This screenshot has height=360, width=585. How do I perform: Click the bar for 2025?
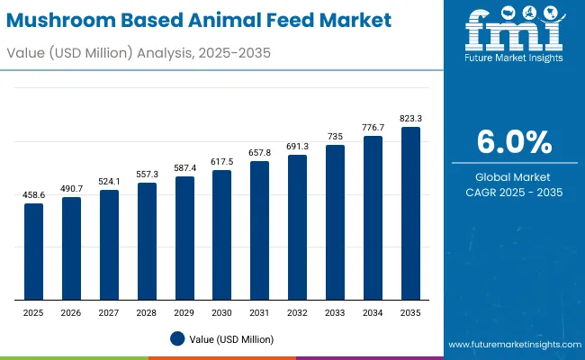33,252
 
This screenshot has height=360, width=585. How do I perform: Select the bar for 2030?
221,235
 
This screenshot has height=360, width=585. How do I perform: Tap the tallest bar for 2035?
410,213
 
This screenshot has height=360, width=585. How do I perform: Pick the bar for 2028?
147,241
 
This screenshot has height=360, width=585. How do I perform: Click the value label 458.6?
33,194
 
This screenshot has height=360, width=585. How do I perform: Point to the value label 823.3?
410,118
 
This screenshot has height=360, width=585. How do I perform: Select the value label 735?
335,136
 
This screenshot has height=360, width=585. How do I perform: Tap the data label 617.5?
221,160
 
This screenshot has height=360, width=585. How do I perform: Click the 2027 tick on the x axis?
109,312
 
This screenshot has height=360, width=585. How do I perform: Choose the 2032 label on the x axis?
297,312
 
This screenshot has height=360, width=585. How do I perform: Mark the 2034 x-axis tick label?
373,312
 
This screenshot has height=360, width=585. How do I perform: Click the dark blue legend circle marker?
177,338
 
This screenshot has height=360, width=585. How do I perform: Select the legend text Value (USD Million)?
232,339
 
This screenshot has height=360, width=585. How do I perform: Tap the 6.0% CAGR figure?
514,143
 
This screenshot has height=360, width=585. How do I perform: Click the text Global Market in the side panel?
514,176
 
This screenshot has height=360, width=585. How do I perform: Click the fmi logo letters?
513,31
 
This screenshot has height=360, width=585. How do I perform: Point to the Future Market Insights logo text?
513,58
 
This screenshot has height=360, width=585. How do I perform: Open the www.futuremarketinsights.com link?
512,345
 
